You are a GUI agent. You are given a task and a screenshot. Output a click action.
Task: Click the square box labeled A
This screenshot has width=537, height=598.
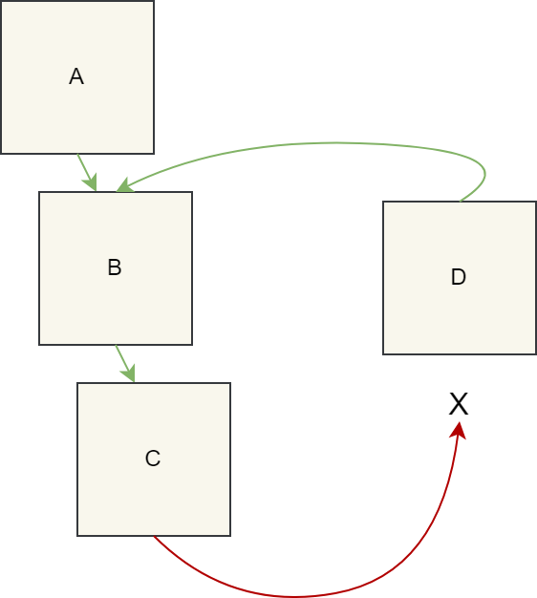[x=77, y=77]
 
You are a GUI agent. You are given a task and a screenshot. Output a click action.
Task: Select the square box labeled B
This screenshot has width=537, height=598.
[x=116, y=268]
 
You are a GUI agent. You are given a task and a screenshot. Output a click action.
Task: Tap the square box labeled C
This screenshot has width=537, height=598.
[x=154, y=459]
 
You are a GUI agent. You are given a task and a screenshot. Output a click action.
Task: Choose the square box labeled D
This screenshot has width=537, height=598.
[x=460, y=278]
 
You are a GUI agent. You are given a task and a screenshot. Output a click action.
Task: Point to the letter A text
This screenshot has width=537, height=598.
[x=76, y=76]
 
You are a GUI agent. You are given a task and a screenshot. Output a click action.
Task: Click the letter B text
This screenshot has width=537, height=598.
[x=115, y=267]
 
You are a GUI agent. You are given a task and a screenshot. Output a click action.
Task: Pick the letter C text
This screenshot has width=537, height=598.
[x=153, y=458]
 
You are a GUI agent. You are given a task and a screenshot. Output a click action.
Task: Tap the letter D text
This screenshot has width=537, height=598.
[x=459, y=277]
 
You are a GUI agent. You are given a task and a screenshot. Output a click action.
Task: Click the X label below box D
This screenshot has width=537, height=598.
[x=459, y=404]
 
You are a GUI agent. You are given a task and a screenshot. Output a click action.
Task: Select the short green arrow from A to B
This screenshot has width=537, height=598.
[x=87, y=172]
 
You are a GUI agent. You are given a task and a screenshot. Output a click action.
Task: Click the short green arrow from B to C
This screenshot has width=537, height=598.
[x=125, y=363]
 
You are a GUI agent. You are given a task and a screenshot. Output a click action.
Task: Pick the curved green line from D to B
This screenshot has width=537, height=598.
[x=335, y=143]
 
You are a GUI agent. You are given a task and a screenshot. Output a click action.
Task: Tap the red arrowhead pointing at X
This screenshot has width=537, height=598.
[x=459, y=430]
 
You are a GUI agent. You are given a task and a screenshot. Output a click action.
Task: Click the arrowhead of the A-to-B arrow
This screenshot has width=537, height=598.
[x=92, y=183]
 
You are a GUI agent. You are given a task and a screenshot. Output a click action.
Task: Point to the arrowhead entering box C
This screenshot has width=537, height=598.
[x=130, y=374]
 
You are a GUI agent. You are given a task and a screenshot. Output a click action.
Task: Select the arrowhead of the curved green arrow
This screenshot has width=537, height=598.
[x=125, y=185]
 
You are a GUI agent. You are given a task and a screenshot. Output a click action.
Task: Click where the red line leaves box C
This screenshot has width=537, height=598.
[x=154, y=536]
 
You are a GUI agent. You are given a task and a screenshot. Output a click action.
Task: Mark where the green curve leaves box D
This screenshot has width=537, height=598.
[x=461, y=201]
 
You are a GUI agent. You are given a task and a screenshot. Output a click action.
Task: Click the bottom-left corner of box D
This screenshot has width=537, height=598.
[x=383, y=354]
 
